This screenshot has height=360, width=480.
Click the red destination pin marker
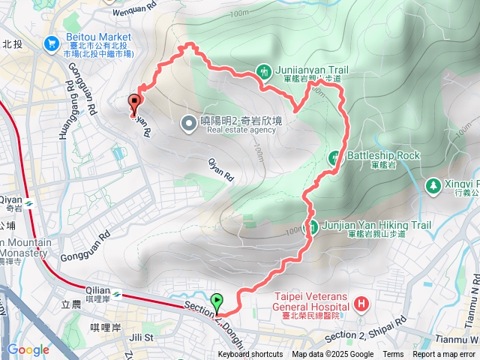click(136, 102)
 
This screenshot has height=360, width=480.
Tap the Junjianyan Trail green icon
click(264, 72)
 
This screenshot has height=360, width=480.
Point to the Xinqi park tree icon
click(433, 184)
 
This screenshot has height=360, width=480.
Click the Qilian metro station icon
click(117, 292)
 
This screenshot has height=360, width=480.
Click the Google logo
click(28, 349)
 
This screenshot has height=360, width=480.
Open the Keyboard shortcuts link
click(250, 355)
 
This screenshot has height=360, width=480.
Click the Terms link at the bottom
click(393, 355)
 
